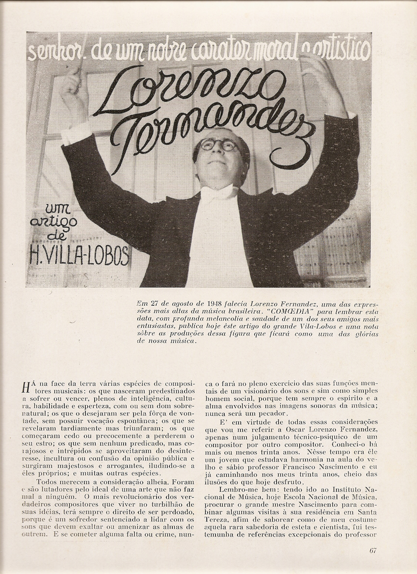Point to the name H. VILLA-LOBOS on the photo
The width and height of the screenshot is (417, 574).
point(79,255)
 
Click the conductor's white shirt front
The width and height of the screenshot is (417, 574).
point(216,236)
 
